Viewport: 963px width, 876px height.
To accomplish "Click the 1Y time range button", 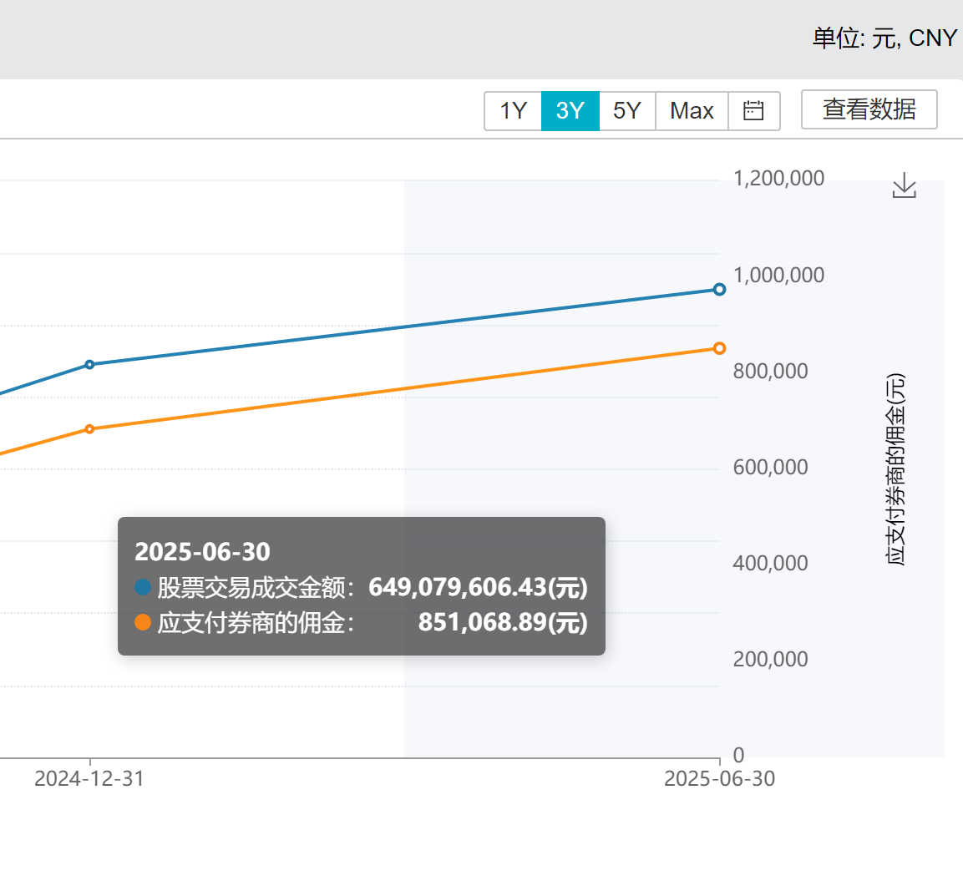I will point(513,111).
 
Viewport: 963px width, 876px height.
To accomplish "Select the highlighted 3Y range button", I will point(570,111).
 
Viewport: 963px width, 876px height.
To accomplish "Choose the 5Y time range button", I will point(627,111).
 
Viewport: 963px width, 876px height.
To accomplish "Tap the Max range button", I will point(692,111).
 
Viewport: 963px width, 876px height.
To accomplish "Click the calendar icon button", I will point(753,111).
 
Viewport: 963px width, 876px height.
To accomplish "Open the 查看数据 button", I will point(869,109).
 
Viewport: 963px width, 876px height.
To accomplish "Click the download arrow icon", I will point(905,185).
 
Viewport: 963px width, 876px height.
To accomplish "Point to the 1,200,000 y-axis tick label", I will point(778,178).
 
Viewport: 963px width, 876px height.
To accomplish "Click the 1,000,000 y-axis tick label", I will point(778,275).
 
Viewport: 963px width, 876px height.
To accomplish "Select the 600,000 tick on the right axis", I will point(770,467).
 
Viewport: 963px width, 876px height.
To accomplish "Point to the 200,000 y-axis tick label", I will point(770,659).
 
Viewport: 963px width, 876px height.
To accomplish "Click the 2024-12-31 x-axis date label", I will point(89,778).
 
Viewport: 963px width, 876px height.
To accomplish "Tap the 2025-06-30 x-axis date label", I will point(719,778).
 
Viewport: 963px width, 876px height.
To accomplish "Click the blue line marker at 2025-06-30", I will point(719,290).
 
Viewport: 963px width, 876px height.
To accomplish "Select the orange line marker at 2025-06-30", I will point(719,348).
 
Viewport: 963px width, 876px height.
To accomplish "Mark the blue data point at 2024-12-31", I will point(89,365).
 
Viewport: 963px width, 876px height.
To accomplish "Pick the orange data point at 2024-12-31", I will point(89,429).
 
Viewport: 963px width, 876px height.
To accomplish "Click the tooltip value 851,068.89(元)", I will point(503,622).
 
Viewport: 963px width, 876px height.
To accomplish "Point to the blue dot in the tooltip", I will point(143,587).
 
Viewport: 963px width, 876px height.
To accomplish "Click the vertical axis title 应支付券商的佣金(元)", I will point(895,469).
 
